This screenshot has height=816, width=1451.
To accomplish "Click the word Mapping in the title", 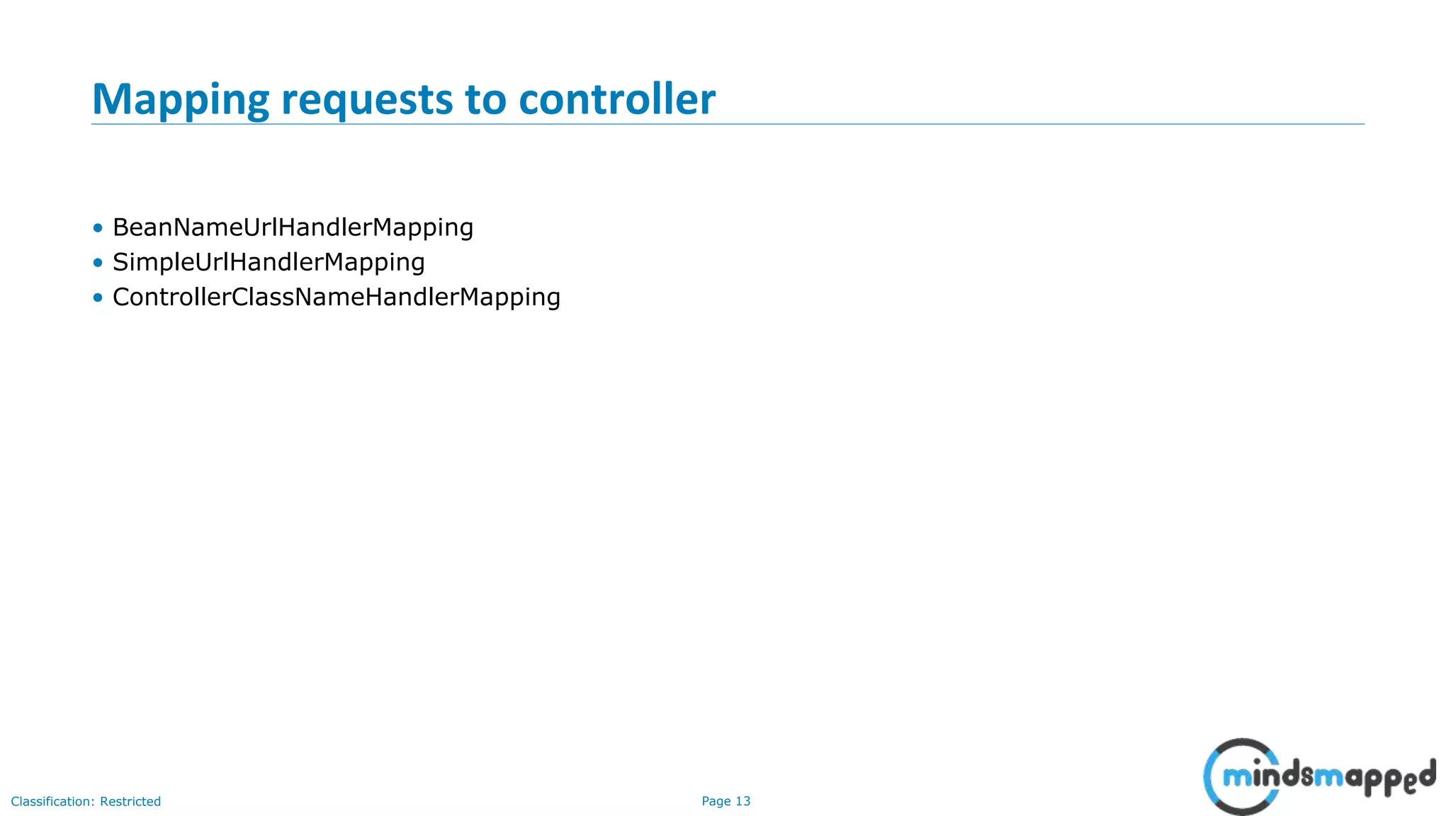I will [x=180, y=100].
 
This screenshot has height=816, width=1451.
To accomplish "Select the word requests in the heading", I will [x=366, y=100].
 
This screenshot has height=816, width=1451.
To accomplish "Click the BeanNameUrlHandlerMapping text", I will [x=293, y=227].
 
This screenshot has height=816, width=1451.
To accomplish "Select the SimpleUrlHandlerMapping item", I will [x=269, y=262].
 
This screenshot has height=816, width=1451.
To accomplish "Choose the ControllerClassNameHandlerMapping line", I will [x=336, y=297].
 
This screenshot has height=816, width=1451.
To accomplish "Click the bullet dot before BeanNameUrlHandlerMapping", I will [x=98, y=228].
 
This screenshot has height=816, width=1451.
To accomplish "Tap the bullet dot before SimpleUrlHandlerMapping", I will [x=98, y=263].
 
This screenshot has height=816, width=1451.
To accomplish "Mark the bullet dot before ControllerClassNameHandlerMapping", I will [x=98, y=297].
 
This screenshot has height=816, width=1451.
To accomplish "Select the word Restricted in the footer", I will [x=130, y=801].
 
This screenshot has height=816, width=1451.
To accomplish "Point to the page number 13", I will [x=743, y=801].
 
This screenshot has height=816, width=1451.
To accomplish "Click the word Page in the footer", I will [x=716, y=801].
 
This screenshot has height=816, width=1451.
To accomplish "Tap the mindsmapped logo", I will [x=1318, y=776].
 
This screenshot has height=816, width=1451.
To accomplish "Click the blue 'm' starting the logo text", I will [x=1237, y=778].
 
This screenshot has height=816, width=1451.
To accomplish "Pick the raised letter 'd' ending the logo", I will [x=1426, y=772].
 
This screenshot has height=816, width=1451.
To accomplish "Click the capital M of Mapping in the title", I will [x=111, y=98].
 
